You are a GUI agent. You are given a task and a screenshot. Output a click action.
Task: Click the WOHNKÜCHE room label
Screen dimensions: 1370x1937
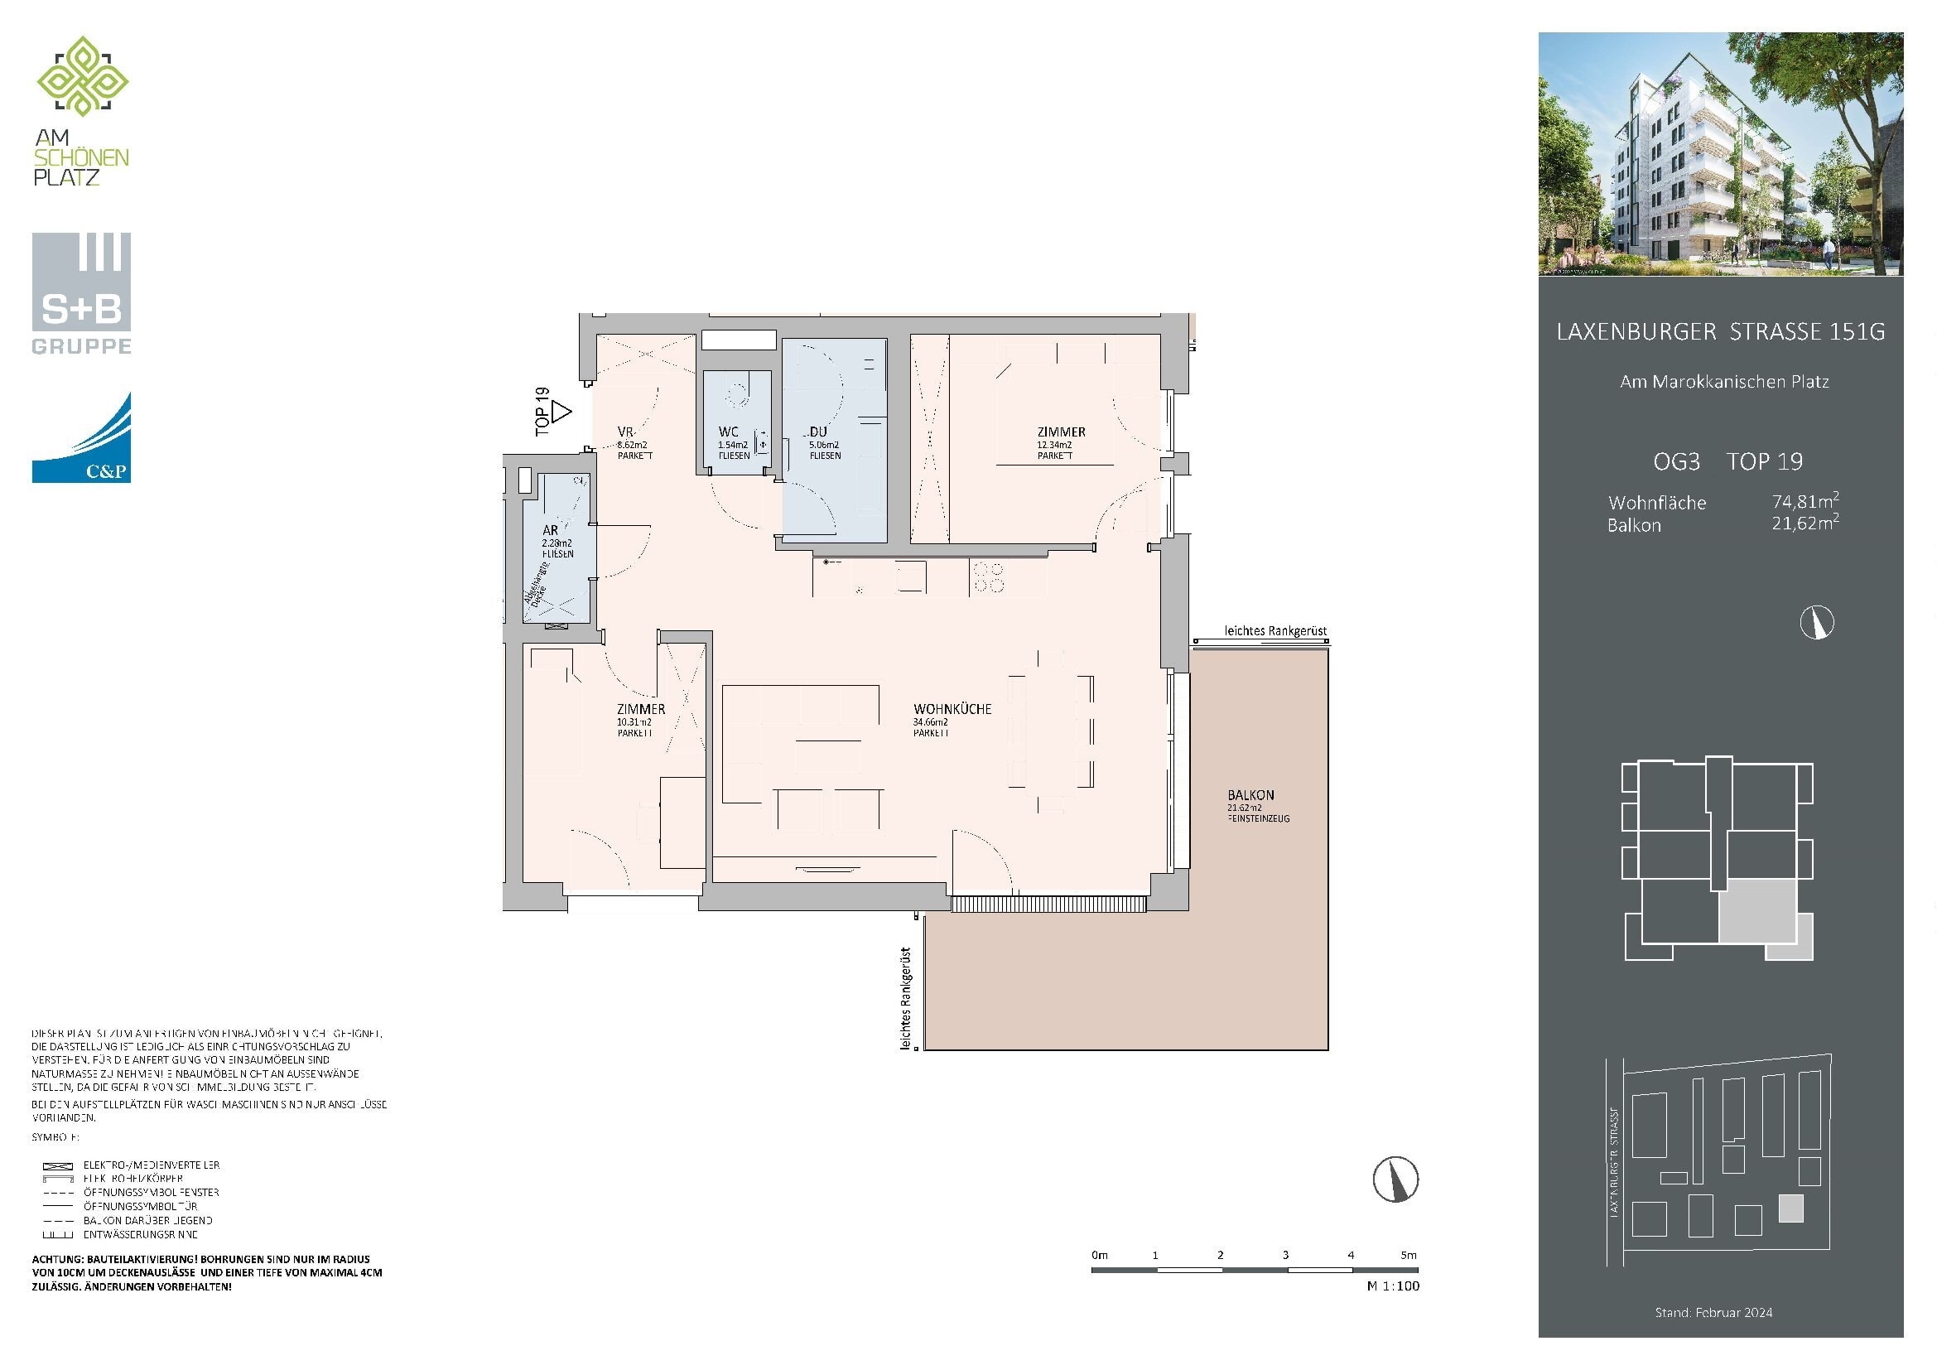point(952,710)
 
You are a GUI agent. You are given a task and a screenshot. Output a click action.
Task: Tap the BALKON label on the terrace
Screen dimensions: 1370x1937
point(1250,794)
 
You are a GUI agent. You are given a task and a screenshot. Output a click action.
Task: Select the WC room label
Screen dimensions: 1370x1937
point(728,432)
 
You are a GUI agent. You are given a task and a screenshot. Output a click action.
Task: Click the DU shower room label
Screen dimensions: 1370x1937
point(817,432)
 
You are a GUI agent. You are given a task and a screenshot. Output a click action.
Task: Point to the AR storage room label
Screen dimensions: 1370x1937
point(550,531)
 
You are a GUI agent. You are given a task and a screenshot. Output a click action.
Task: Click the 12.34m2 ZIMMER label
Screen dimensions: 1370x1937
point(1061,432)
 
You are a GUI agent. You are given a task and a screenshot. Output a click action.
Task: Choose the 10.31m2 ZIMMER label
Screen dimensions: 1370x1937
point(640,710)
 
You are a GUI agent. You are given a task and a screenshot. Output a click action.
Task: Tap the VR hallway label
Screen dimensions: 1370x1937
point(625,432)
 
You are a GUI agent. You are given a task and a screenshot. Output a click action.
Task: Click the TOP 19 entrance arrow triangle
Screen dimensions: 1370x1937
point(561,412)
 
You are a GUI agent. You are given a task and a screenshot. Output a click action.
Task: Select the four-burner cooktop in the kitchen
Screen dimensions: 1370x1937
point(989,577)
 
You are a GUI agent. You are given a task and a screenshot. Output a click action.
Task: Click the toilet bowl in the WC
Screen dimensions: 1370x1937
point(738,393)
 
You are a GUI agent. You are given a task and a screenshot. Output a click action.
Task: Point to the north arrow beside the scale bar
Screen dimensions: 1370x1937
point(1395,1179)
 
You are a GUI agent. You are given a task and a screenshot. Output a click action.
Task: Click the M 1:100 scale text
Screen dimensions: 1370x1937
point(1393,1286)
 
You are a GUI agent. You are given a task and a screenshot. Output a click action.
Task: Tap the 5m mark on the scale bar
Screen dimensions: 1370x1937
point(1409,1255)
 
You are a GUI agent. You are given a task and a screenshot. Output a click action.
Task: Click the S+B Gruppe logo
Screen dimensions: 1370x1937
point(81,292)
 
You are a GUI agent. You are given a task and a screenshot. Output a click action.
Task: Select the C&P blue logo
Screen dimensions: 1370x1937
point(81,438)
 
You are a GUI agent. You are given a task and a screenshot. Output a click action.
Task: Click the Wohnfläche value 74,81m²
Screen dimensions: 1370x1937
point(1804,502)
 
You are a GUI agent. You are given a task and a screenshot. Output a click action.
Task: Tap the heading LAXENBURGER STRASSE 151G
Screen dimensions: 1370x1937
point(1720,332)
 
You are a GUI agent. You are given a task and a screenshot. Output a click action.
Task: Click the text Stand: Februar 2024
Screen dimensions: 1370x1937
point(1713,1313)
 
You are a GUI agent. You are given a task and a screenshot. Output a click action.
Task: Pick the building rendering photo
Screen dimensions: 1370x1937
point(1720,153)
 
